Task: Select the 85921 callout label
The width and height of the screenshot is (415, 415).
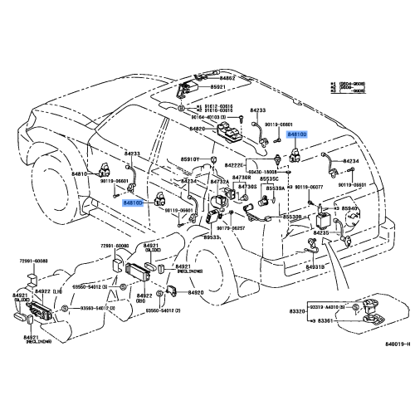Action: [x=217, y=87]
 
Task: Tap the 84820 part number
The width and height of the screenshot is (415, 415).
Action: [x=197, y=129]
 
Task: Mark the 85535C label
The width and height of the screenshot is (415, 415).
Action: [x=271, y=179]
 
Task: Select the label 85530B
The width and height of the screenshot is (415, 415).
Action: [x=292, y=217]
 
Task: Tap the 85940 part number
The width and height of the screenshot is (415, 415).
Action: [x=349, y=209]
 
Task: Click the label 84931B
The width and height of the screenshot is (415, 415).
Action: [x=315, y=267]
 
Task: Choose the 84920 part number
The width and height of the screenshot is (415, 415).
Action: [x=196, y=293]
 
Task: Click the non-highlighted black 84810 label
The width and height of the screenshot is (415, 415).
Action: [x=80, y=175]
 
